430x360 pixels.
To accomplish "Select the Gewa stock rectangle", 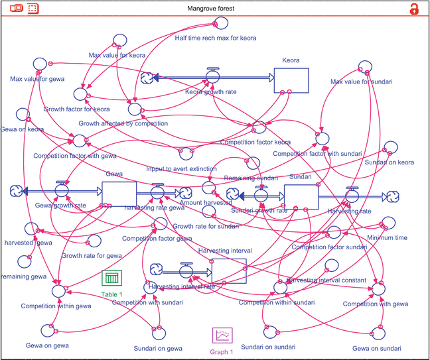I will tap(119, 194).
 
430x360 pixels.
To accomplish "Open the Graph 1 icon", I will tap(222, 337).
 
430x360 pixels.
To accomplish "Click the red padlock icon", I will tap(414, 9).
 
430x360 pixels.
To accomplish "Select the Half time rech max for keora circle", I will tap(216, 25).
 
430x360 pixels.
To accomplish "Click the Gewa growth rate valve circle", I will tap(62, 191).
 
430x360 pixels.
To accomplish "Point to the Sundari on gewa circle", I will tap(159, 330).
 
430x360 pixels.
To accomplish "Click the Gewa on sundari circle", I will tap(378, 330).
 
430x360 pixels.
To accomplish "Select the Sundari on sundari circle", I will tap(268, 330).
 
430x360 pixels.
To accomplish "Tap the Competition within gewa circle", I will tap(58, 290).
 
